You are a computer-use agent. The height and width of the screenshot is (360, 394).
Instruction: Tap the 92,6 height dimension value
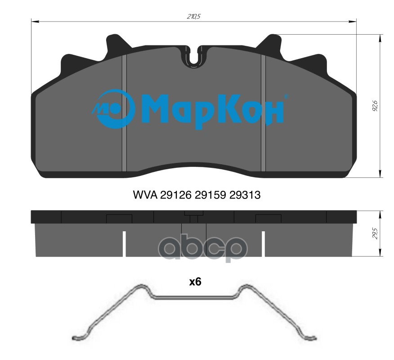click(375, 106)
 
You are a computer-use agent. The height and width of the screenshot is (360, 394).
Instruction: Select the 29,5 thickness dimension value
click(375, 234)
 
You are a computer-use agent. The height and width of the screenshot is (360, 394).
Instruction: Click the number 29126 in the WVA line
click(176, 194)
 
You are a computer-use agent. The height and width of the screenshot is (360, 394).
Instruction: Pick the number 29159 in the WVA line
click(210, 194)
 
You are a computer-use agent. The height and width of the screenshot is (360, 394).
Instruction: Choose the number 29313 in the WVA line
click(245, 194)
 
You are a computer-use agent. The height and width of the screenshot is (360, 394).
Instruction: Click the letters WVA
click(145, 194)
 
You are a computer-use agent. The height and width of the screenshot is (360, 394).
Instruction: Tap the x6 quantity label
click(195, 282)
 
